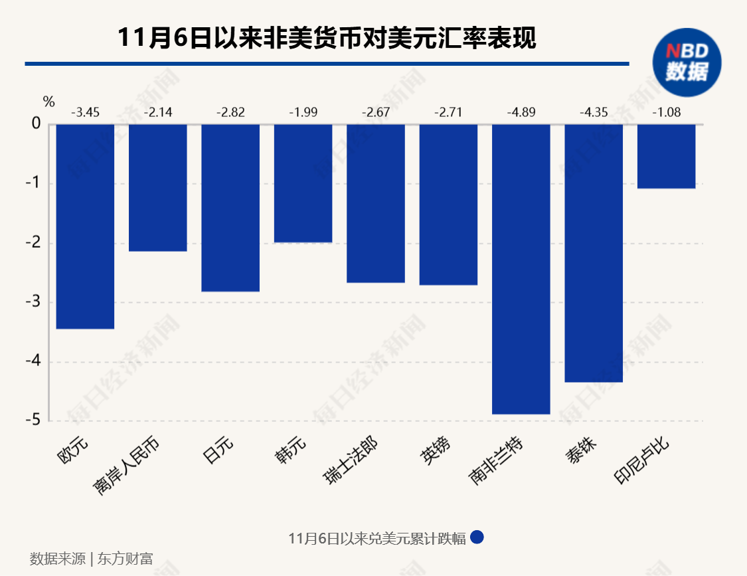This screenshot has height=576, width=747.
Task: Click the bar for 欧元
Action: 85,226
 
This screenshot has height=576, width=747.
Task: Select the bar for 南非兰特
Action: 521,269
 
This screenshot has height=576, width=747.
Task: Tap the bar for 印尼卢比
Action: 666,156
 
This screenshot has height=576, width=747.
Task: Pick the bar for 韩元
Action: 303,183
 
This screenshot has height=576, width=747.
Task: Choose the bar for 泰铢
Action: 594,252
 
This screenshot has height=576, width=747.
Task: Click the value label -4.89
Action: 521,112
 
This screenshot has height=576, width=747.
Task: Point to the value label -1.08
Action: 666,112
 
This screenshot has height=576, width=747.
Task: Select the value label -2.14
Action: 157,112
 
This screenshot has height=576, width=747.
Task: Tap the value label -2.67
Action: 375,112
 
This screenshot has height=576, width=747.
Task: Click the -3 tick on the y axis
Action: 33,302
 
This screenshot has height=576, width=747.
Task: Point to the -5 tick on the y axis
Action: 33,421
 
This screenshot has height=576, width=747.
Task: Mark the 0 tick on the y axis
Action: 36,124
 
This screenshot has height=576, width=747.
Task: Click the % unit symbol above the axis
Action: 48,102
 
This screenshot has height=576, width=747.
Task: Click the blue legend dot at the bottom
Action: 477,537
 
